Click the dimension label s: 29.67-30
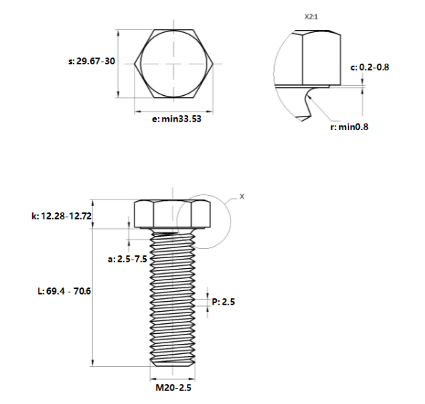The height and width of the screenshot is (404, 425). coord(91,61)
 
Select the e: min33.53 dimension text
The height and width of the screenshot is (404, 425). coord(175,119)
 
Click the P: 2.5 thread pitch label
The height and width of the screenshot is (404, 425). coord(223,302)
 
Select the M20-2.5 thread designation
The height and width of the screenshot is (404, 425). coord(175,387)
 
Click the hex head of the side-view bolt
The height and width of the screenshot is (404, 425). coord(172,214)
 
